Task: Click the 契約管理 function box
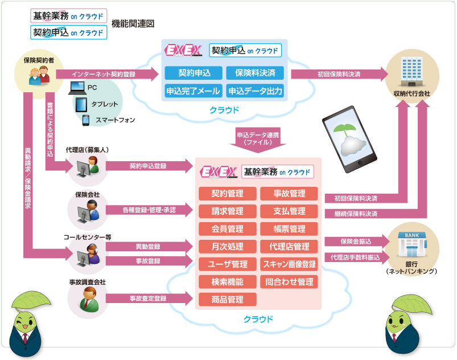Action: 227,194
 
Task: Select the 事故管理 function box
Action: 289,194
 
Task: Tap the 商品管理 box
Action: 227,299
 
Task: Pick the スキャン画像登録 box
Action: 289,264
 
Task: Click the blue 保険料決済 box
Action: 255,73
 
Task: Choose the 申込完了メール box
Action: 193,91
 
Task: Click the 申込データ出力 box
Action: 255,91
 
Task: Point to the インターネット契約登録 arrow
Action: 108,74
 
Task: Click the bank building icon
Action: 411,246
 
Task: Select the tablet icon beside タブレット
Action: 82,104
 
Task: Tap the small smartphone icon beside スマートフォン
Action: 86,120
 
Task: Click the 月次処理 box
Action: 227,247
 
